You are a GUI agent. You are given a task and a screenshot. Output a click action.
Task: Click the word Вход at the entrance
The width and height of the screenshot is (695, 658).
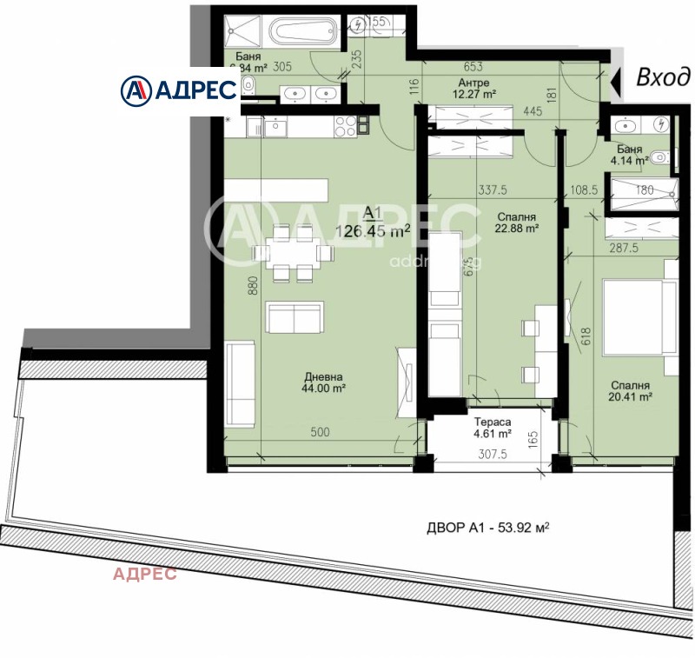(659, 78)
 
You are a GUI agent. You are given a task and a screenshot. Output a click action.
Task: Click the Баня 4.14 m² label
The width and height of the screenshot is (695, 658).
(627, 155)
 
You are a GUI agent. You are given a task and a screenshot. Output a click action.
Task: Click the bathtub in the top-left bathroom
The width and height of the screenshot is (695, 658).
(305, 34)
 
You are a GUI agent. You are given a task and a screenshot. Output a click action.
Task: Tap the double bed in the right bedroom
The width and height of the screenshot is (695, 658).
(634, 315)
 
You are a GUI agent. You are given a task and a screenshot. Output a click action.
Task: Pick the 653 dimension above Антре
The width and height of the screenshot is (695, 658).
(473, 66)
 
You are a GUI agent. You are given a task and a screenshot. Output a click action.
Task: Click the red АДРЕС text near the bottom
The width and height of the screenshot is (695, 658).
(145, 573)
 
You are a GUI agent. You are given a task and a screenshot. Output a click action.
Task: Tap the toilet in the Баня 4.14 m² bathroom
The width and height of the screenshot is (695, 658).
(660, 158)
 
